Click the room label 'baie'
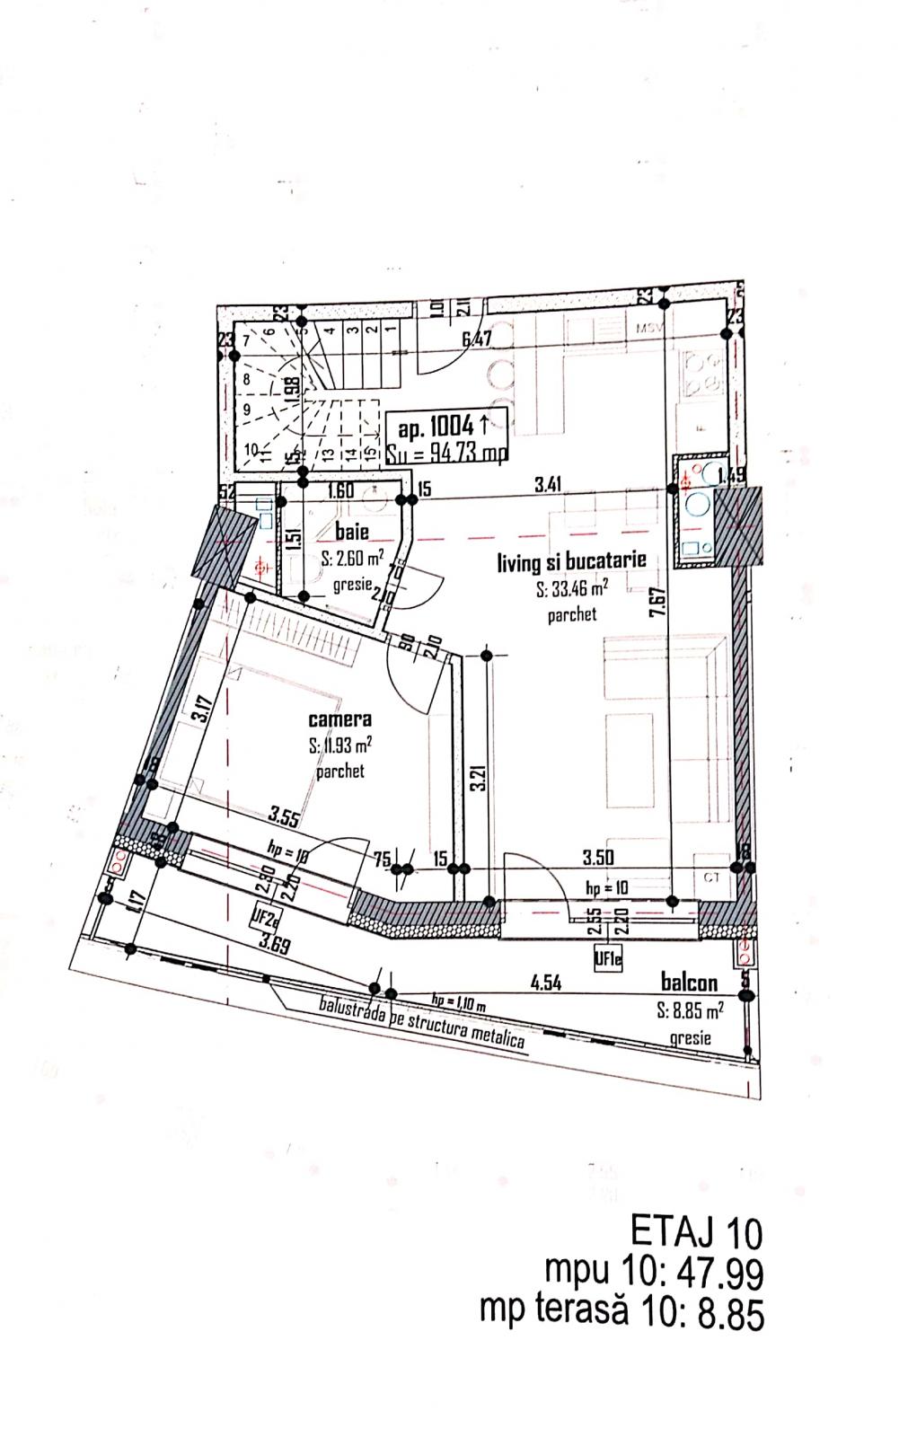coord(351,532)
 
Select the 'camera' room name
coord(339,718)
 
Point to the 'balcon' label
coord(689,983)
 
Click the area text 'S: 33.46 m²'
coord(571,589)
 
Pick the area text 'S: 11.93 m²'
coord(339,745)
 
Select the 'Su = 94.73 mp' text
coord(445,454)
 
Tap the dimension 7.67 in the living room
coord(658,602)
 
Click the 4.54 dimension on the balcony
coord(545,983)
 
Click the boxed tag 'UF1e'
coord(608,959)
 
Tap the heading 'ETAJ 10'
coord(696,1231)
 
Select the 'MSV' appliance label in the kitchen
coord(648,329)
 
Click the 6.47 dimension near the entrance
coord(477,339)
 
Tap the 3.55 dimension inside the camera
coord(284,816)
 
